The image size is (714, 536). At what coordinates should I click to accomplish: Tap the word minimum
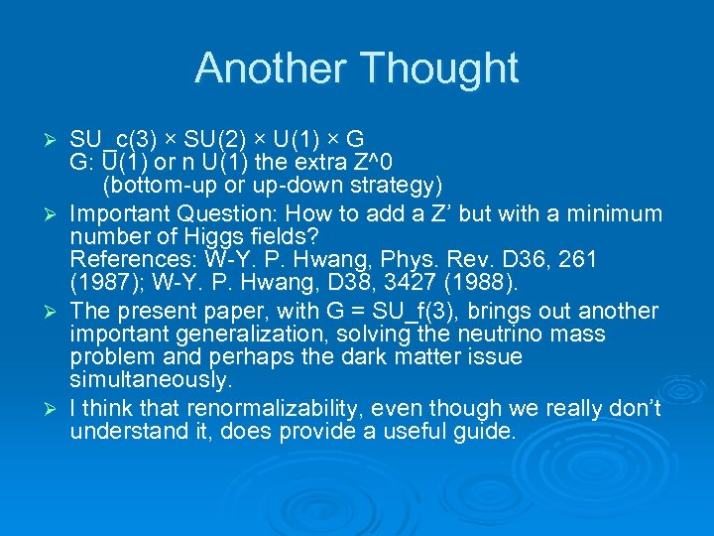click(614, 213)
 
